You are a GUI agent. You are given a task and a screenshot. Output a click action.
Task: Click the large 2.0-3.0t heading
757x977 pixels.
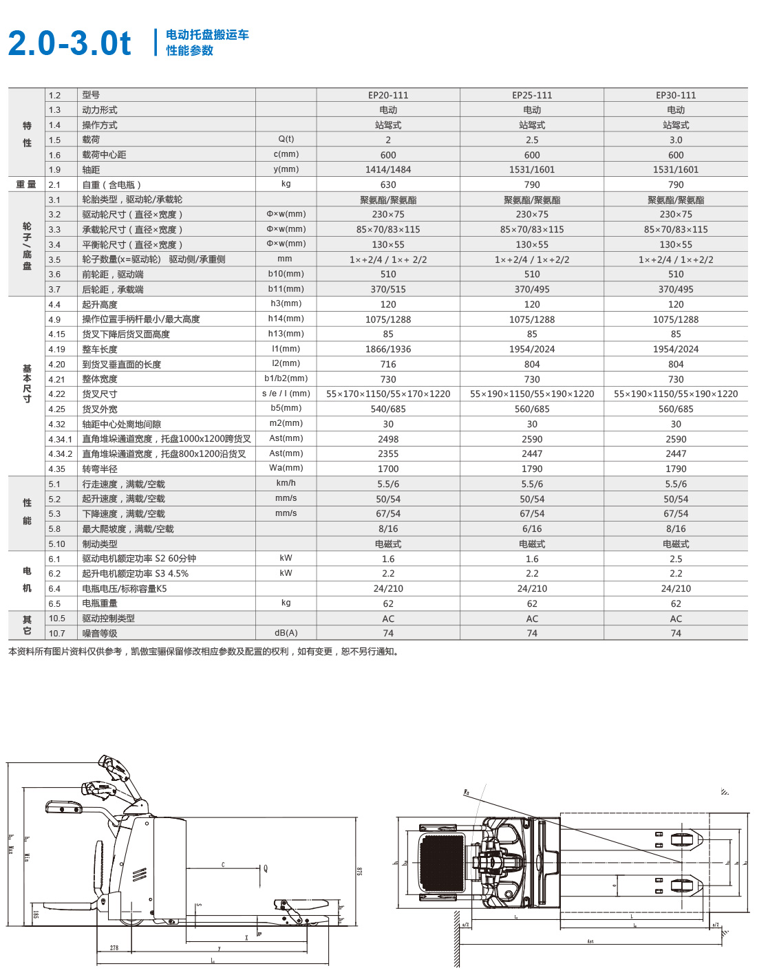point(69,43)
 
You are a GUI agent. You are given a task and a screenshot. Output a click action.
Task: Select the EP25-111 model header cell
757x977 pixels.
point(532,96)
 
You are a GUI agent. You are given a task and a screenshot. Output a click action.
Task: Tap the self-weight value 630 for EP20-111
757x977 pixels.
point(388,184)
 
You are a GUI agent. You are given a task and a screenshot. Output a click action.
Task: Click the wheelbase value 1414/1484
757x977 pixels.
point(388,169)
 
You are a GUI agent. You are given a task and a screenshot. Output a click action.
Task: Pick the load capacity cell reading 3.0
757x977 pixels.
point(676,140)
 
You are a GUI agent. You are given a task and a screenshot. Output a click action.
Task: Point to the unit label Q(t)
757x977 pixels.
point(286,139)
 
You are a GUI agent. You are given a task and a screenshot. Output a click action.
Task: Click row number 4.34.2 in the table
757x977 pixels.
point(61,454)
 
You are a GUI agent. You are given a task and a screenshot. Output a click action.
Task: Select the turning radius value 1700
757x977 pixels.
point(388,469)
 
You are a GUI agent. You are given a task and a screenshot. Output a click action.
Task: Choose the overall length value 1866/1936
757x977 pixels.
point(388,349)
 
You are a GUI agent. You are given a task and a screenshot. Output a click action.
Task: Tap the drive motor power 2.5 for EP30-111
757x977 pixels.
point(676,559)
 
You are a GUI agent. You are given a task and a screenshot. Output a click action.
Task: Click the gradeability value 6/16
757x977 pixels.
point(532,528)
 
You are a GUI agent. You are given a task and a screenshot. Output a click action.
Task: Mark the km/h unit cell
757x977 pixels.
point(286,483)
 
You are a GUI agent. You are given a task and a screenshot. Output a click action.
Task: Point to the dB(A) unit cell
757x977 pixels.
point(286,633)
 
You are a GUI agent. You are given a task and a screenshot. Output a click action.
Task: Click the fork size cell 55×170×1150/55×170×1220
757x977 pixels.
point(388,394)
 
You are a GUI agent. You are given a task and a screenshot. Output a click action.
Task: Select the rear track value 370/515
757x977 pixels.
point(388,289)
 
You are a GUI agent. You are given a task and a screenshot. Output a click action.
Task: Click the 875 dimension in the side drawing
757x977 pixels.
point(359,871)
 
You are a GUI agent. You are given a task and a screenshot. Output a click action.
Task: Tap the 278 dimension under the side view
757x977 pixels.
point(114,948)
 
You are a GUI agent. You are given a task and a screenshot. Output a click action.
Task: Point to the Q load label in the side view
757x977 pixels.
point(266,868)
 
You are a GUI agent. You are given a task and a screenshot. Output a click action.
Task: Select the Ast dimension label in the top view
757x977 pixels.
point(590,941)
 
